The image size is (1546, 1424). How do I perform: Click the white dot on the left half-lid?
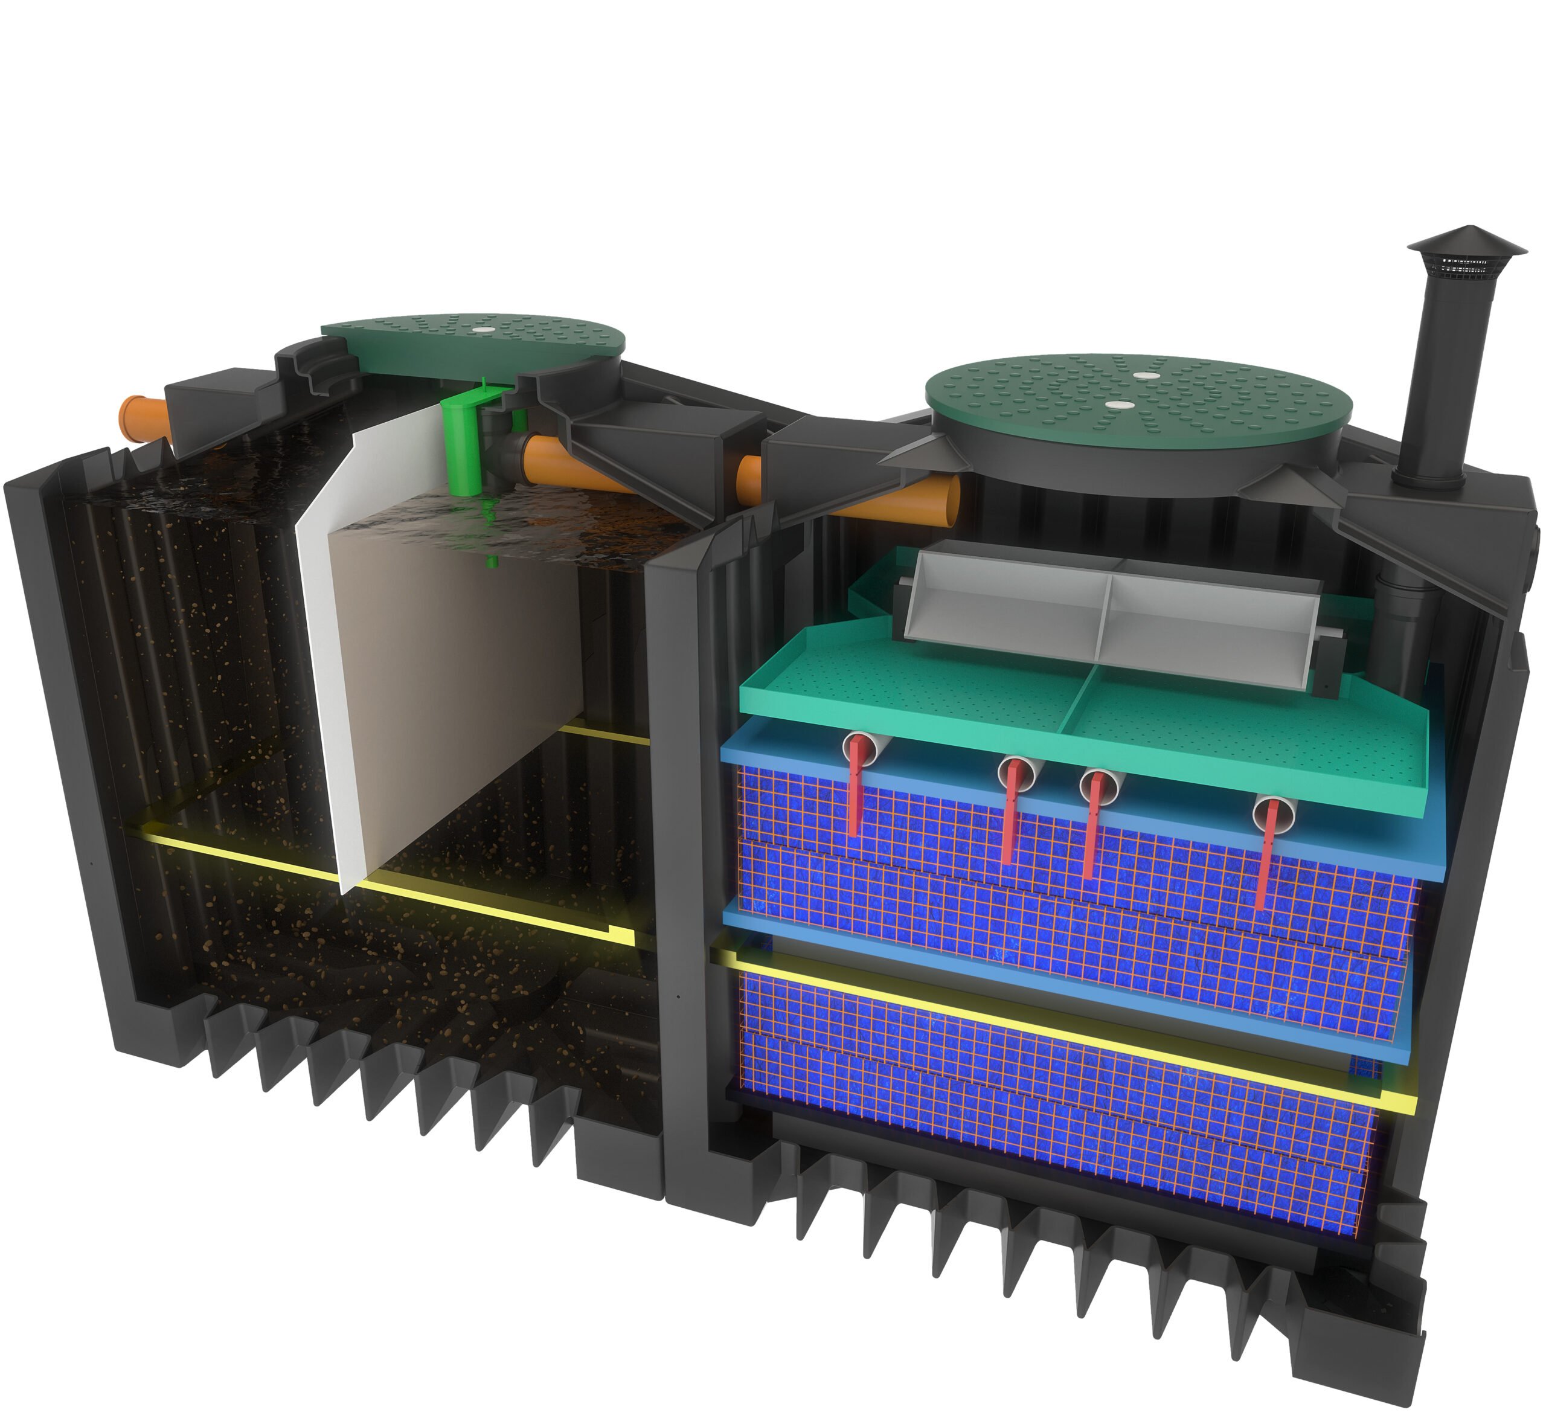[484, 329]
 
